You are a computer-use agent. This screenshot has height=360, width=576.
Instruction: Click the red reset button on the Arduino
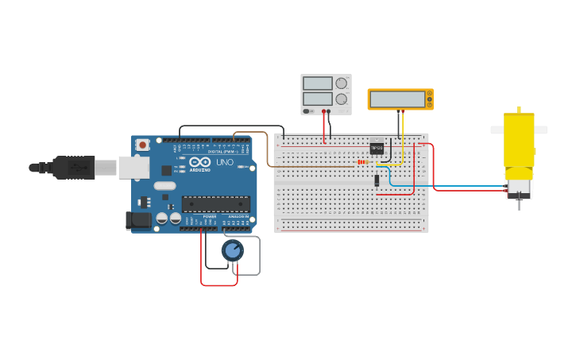[142, 145]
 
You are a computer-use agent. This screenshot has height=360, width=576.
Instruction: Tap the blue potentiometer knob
[232, 251]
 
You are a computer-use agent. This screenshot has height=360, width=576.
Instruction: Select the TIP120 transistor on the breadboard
[377, 147]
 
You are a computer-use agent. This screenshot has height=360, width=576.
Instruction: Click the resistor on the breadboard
[362, 161]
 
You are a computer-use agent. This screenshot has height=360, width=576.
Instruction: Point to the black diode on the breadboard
[377, 180]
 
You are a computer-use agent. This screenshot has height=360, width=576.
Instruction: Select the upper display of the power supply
[318, 83]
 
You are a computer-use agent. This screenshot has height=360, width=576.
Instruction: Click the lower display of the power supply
[318, 99]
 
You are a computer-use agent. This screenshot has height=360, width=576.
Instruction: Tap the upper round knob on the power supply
[342, 83]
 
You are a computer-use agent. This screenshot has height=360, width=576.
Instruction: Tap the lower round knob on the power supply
[342, 99]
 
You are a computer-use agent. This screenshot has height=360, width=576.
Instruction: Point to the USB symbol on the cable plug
[79, 168]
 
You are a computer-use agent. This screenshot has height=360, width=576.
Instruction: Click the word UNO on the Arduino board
[225, 162]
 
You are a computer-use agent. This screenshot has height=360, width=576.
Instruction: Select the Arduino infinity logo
[200, 161]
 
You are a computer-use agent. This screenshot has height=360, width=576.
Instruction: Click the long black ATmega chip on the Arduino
[215, 204]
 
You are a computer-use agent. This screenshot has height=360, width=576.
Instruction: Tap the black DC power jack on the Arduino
[138, 220]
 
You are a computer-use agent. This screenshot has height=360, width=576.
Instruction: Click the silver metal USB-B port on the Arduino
[133, 168]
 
